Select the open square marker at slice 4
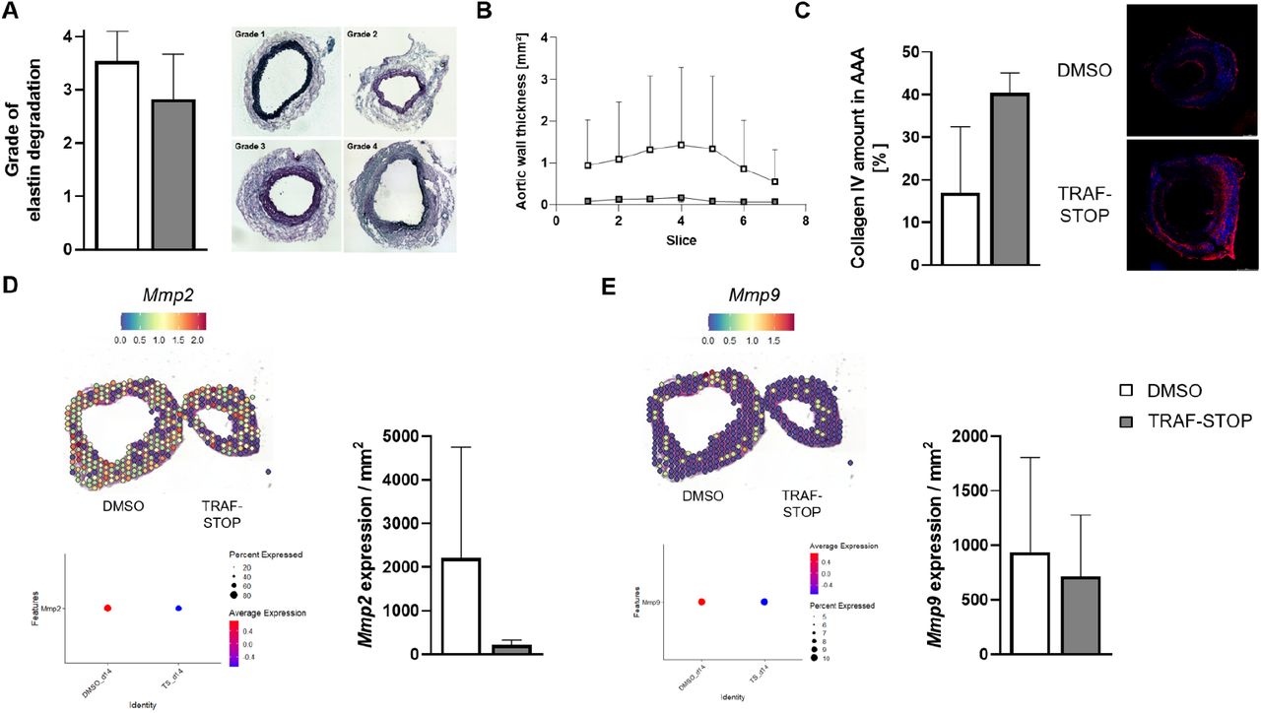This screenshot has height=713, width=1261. [x=682, y=145]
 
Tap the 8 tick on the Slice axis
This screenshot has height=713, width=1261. [x=806, y=221]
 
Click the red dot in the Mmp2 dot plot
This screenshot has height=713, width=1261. [x=107, y=609]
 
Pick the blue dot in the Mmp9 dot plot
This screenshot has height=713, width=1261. [x=764, y=601]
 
